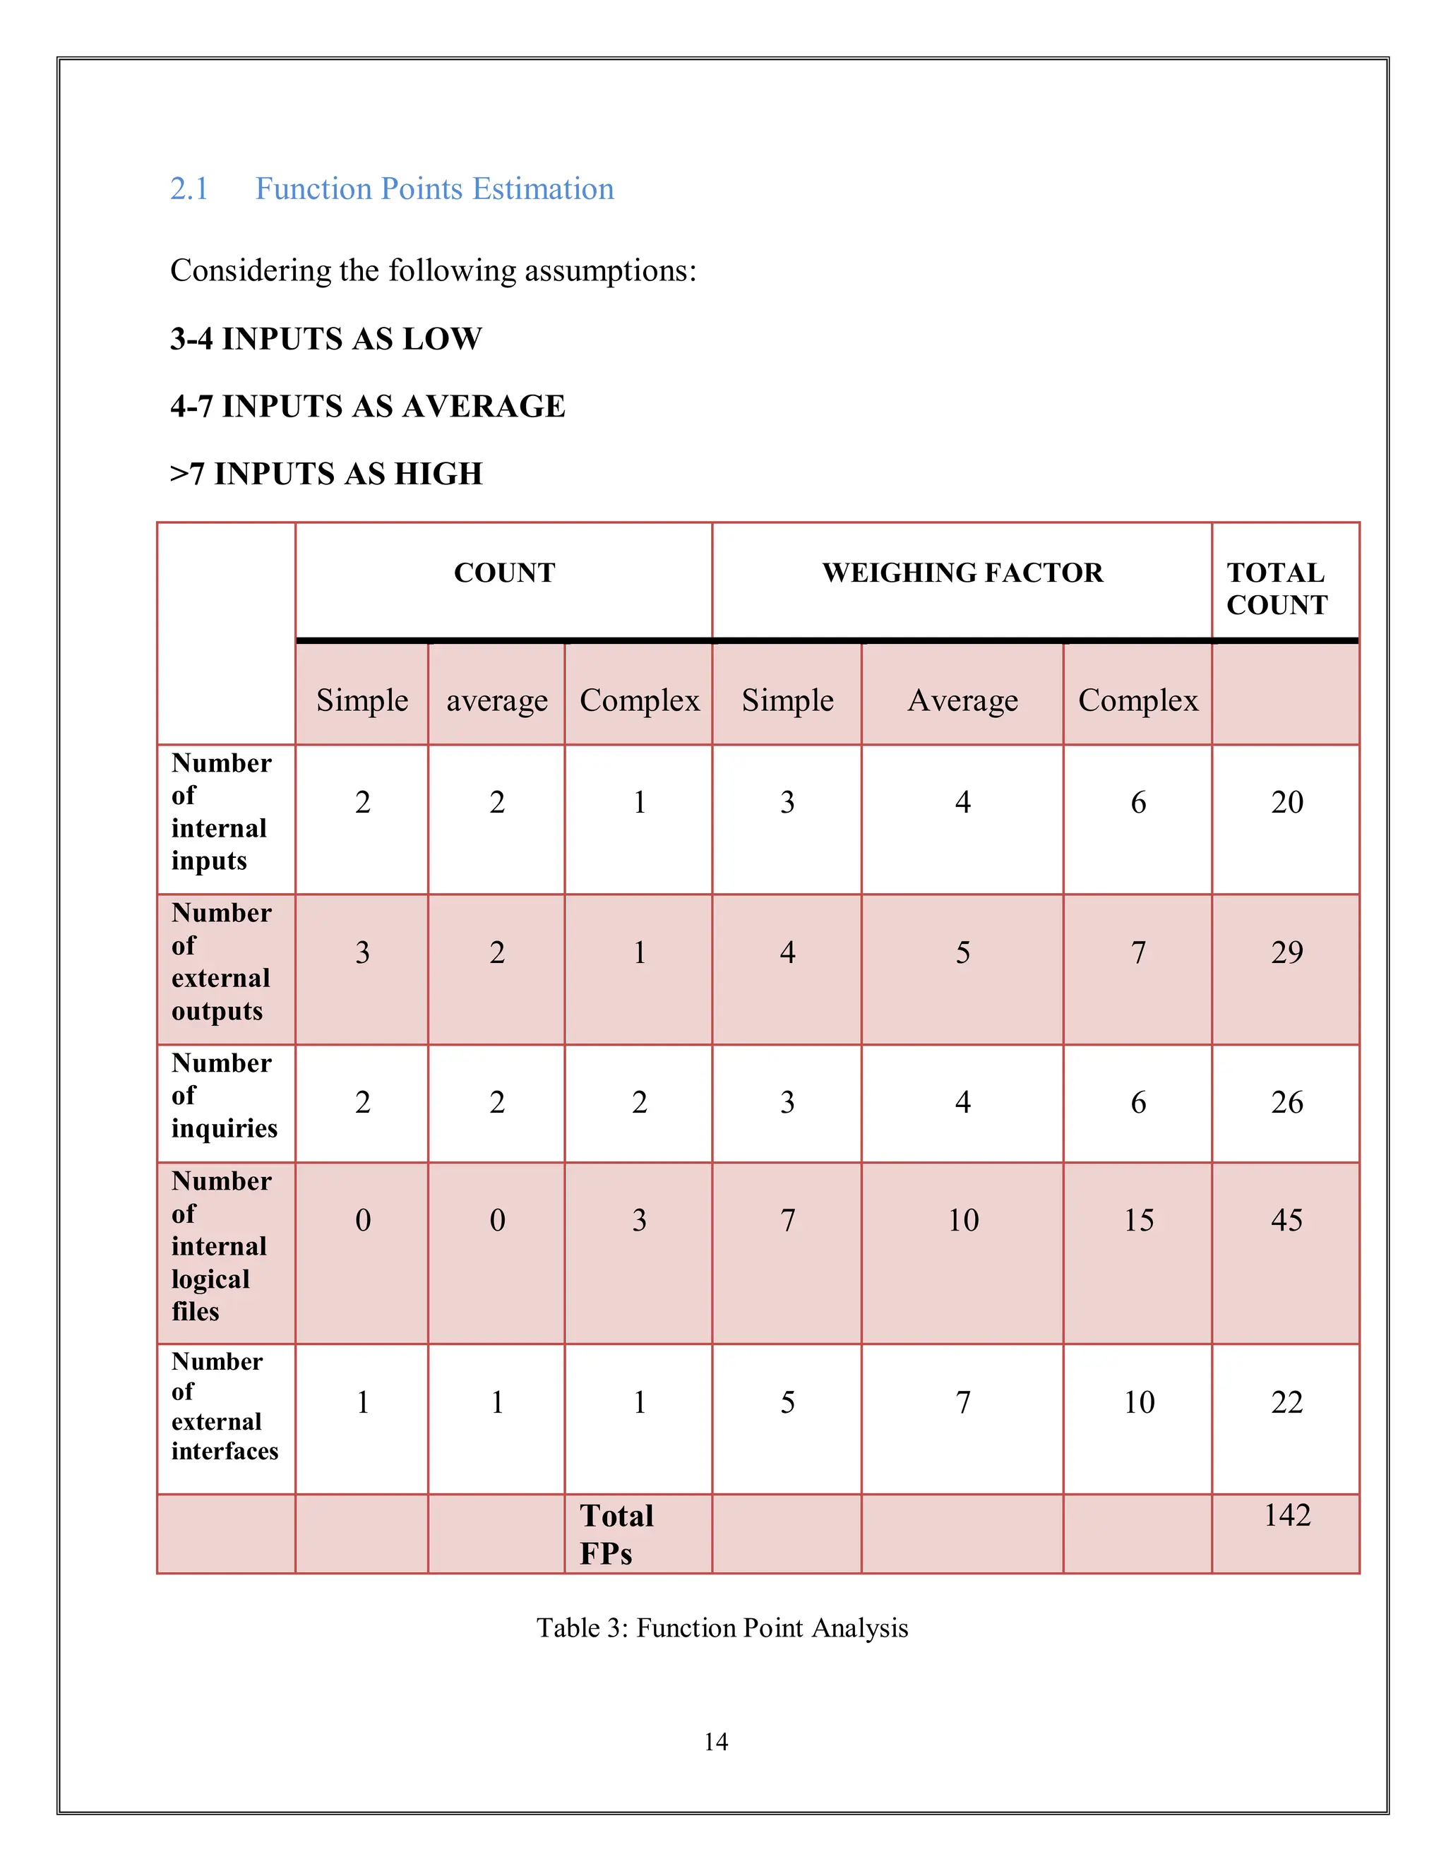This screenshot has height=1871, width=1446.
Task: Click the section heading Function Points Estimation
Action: point(434,189)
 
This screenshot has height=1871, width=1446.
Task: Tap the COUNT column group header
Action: point(505,573)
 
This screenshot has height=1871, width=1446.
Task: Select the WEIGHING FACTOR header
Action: point(962,573)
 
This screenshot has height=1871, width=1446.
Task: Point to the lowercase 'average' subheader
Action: point(497,701)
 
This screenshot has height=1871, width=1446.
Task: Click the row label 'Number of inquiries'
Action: point(224,1096)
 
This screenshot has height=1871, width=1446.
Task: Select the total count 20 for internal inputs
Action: point(1286,802)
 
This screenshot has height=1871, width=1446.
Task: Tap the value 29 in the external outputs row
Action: point(1286,952)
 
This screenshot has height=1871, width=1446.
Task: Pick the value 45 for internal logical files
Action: point(1286,1220)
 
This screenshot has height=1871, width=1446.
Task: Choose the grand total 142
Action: point(1286,1514)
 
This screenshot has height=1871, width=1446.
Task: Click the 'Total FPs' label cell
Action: point(617,1534)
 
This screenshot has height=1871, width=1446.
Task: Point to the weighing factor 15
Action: point(1138,1220)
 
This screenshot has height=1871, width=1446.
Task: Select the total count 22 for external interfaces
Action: point(1286,1401)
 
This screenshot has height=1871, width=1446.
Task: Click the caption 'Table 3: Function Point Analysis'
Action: point(722,1627)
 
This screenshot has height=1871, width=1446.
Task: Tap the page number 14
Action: point(715,1742)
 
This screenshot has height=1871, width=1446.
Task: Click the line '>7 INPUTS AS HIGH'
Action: point(326,474)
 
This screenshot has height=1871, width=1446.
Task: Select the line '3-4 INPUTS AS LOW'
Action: point(326,339)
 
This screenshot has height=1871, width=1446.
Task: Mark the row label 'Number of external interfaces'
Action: point(224,1406)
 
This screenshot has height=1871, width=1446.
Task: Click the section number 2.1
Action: point(189,189)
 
